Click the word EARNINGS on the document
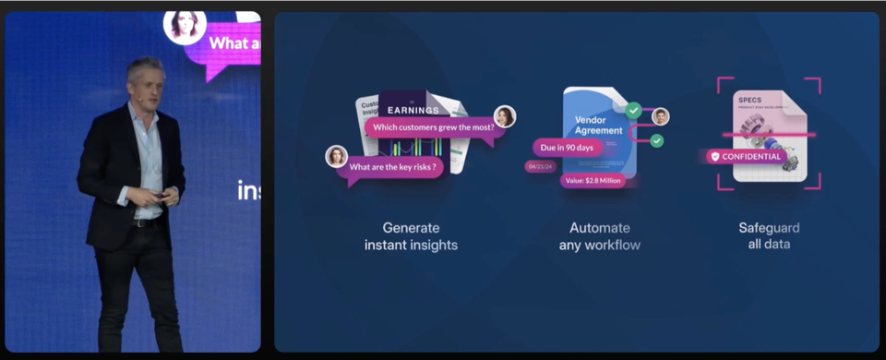click(413, 111)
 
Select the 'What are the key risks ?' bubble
click(390, 167)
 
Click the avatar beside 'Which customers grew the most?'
click(504, 116)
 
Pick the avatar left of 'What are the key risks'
click(336, 156)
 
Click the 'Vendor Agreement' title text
click(597, 126)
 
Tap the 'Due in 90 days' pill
click(568, 147)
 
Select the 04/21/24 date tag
click(538, 167)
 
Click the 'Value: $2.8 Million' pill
click(593, 181)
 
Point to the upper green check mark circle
click(633, 110)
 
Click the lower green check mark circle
click(656, 140)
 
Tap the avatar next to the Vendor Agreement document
click(660, 116)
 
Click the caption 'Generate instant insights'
click(411, 236)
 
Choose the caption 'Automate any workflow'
click(599, 236)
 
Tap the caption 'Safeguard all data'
click(769, 236)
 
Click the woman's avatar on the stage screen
click(185, 26)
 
